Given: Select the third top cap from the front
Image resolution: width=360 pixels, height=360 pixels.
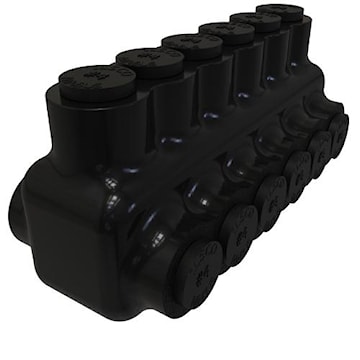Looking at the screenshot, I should click(x=191, y=44).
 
